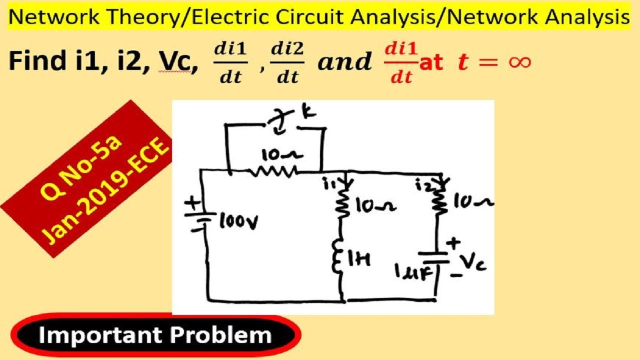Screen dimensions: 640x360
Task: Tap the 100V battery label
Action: [239, 222]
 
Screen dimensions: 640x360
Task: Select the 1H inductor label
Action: [359, 259]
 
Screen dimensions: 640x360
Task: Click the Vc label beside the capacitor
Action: [473, 261]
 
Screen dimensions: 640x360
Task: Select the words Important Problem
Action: [155, 335]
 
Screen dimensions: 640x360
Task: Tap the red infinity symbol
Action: [519, 61]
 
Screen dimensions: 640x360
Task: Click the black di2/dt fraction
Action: [287, 63]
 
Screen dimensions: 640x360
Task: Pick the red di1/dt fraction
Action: [401, 63]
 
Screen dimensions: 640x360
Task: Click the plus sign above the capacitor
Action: [453, 243]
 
